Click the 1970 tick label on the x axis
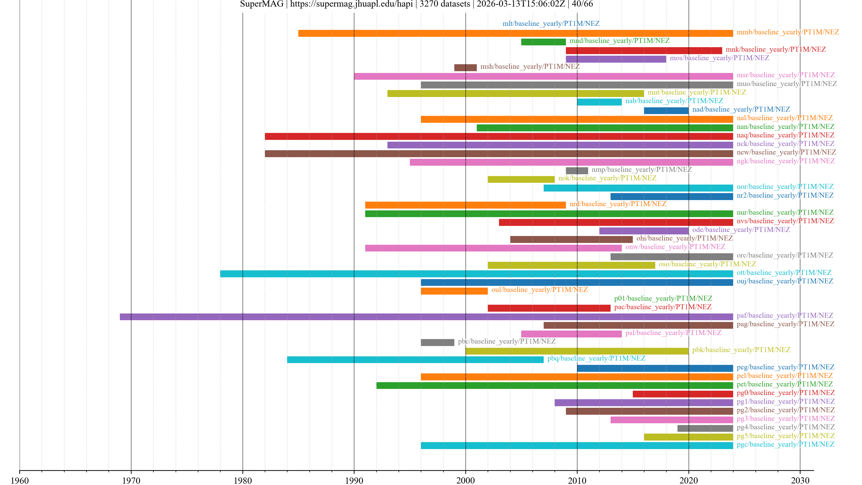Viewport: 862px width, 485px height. pos(131,480)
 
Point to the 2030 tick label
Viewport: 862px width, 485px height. pos(800,480)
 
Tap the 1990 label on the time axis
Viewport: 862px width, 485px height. pos(354,480)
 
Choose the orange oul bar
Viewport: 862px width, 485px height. pos(454,291)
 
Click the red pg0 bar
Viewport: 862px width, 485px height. pos(683,394)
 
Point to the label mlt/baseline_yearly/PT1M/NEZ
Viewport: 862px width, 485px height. pos(551,23)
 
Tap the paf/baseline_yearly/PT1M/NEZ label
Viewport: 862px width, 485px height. pos(785,315)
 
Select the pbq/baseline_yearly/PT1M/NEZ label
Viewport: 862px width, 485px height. pos(596,358)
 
